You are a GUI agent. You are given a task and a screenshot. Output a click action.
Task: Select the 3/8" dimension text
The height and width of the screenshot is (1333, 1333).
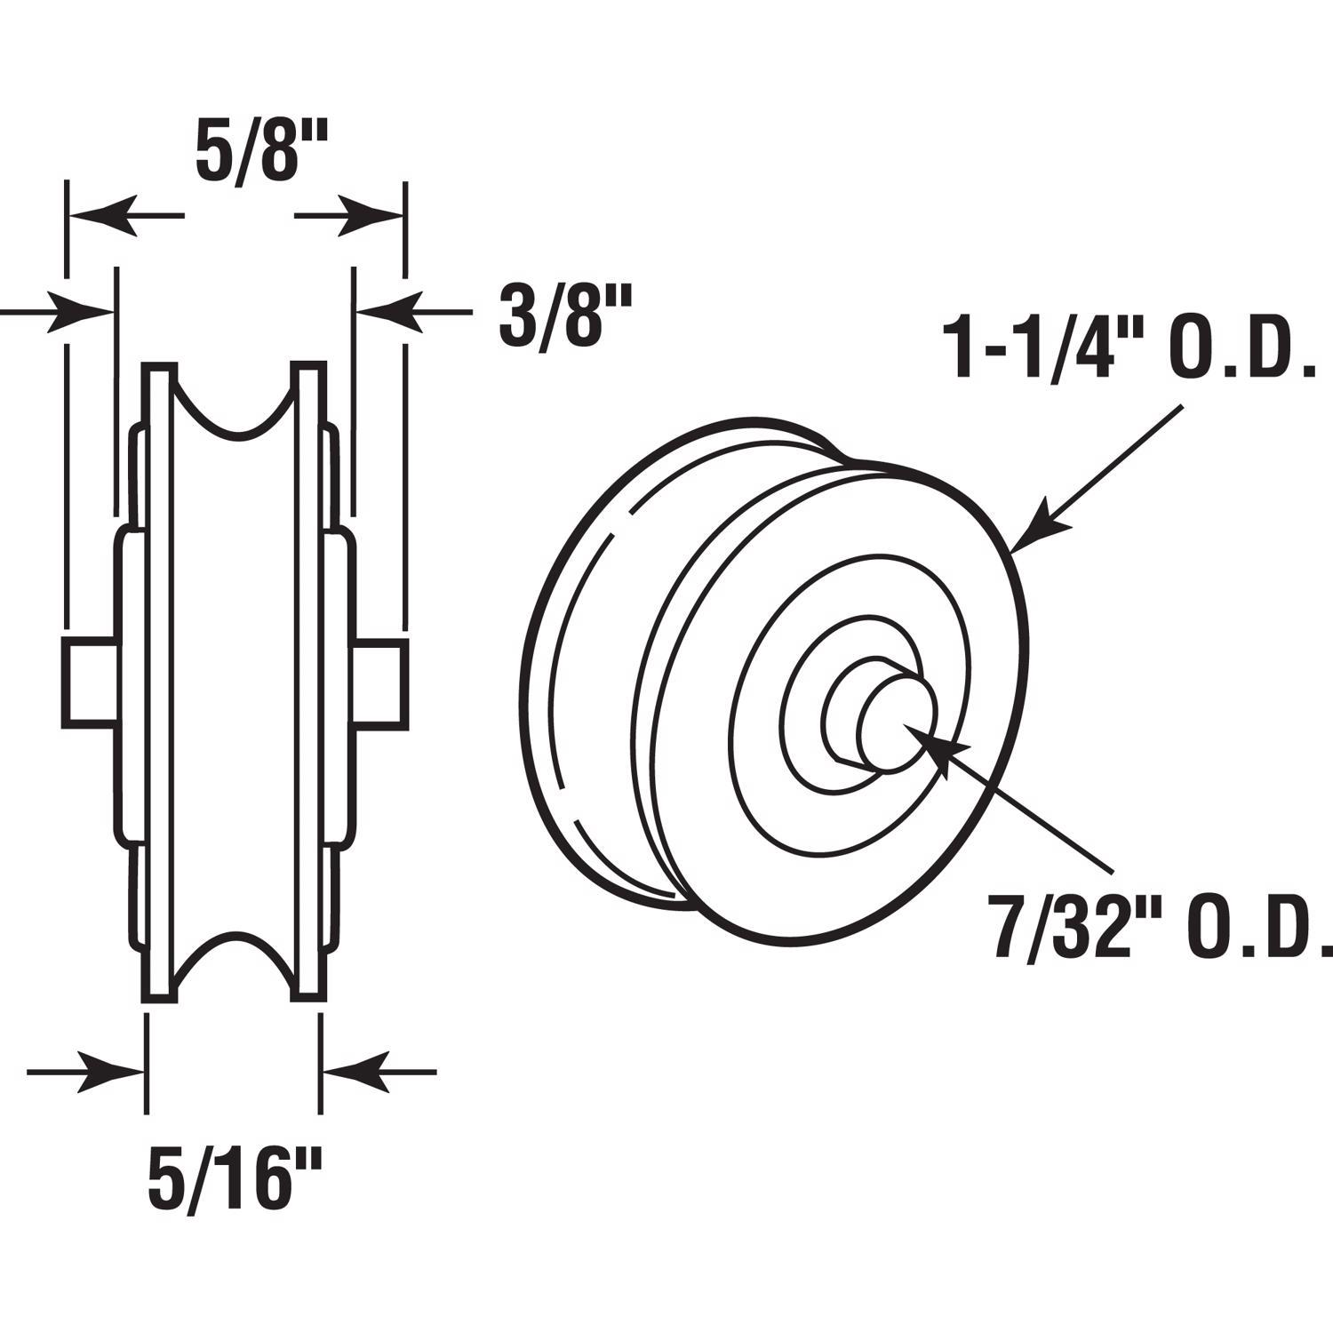(x=564, y=315)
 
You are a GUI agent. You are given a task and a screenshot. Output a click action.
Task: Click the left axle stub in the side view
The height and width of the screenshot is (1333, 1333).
(x=89, y=682)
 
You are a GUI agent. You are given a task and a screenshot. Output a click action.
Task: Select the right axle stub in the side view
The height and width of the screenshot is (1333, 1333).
(x=380, y=682)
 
